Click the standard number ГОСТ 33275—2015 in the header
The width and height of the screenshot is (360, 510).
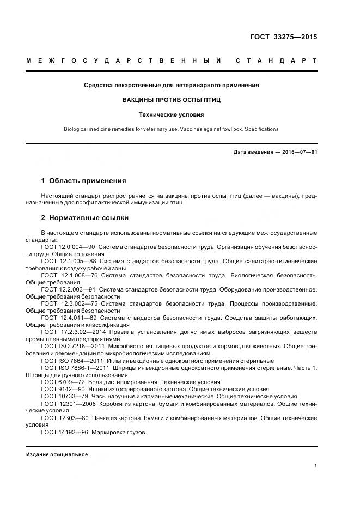283,37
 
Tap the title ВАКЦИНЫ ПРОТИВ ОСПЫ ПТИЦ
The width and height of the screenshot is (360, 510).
172,100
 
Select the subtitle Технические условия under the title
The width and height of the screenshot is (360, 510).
172,115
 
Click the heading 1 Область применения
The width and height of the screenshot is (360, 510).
84,181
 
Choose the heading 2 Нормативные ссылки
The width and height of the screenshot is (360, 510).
85,218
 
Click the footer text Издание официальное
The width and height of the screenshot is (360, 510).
57,454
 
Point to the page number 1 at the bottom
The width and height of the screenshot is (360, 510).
315,465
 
